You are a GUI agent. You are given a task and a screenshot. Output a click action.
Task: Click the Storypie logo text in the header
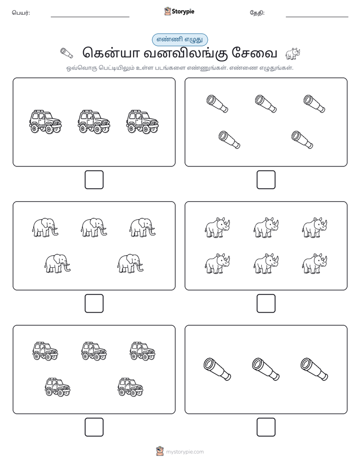(x=183, y=12)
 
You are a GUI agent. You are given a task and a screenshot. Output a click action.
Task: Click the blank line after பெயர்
(x=90, y=17)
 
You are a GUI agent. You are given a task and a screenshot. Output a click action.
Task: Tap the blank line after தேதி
(x=317, y=17)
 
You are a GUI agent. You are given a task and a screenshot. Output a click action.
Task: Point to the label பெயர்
(x=21, y=13)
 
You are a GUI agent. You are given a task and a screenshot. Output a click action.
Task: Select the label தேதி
(x=257, y=13)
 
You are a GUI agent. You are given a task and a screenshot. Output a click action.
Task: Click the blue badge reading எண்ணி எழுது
(x=179, y=39)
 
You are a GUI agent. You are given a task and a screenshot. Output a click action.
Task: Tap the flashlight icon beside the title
(x=67, y=53)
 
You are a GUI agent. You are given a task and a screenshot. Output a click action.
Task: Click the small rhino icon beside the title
(x=293, y=53)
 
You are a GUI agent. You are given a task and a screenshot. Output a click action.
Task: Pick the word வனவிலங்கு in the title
(x=186, y=53)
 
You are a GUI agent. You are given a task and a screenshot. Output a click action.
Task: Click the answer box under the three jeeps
(x=94, y=180)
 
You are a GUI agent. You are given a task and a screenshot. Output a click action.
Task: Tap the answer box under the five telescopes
(x=266, y=180)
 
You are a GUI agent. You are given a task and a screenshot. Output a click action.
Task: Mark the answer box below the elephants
(x=94, y=304)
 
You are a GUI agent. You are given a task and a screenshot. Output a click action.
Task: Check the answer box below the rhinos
(x=266, y=304)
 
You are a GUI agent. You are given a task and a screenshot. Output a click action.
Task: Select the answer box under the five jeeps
(x=94, y=427)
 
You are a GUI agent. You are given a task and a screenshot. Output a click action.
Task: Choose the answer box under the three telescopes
(x=266, y=427)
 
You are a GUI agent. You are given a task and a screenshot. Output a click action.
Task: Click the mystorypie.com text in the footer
(x=185, y=452)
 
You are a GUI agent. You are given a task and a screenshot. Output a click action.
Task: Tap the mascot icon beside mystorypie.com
(x=160, y=451)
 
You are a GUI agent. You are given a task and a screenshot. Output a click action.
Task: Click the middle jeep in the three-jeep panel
(x=94, y=122)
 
